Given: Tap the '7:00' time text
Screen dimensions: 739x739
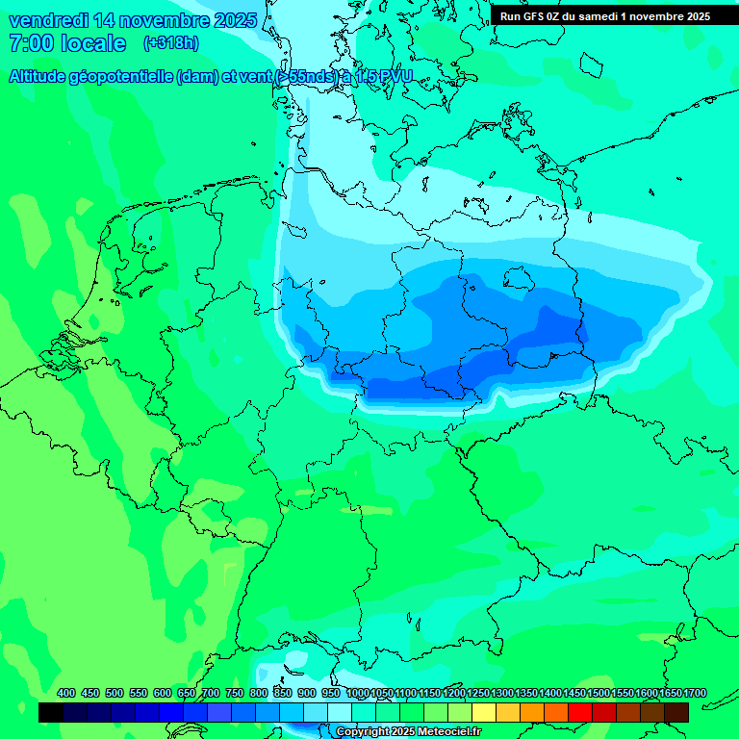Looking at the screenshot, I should click(30, 43).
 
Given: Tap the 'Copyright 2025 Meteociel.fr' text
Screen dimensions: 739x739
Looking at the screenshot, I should click(409, 732).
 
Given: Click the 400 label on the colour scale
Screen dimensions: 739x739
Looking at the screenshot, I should click(66, 693).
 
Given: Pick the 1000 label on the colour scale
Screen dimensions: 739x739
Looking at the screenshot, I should click(358, 693).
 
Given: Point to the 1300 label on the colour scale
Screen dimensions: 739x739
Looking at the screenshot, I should click(502, 693).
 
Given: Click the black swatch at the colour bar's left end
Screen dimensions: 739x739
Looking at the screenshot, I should click(51, 713).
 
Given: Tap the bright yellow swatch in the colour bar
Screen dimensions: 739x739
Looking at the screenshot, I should click(484, 713).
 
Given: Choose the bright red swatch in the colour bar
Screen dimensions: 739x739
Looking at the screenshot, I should click(580, 713).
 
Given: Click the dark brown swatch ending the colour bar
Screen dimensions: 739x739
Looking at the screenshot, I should click(676, 713).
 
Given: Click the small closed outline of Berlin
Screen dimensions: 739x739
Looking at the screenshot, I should click(521, 278).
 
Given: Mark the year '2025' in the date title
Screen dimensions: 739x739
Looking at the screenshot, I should click(235, 20).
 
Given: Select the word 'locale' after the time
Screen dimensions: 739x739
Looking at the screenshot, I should click(93, 43).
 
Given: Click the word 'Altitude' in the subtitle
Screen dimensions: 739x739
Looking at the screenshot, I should click(38, 77).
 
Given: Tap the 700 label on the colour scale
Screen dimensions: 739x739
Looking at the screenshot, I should click(211, 693).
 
